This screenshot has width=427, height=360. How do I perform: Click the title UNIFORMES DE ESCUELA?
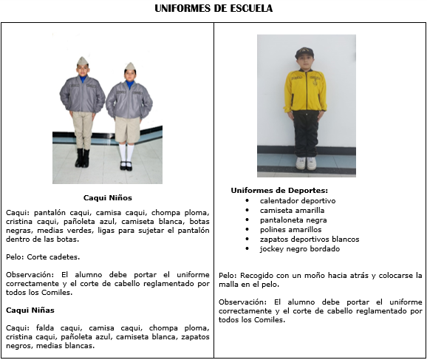[213, 9]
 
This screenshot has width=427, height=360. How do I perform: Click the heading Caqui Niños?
[107, 198]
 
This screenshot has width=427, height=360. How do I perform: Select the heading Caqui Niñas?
[30, 310]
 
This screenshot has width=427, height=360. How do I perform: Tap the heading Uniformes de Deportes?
[279, 191]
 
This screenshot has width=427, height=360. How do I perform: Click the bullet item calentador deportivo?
[298, 200]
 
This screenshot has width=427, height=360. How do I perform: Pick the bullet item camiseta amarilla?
[292, 210]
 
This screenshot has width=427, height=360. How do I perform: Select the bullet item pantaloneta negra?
[293, 220]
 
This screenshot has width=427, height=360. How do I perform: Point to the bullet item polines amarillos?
[291, 229]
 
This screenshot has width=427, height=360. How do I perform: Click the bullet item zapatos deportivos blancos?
[309, 239]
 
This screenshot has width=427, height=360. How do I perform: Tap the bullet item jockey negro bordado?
[298, 248]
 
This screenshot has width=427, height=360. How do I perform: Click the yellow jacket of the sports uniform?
[305, 90]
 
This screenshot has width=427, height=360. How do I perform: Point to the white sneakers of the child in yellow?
[306, 163]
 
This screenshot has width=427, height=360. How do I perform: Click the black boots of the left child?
[82, 157]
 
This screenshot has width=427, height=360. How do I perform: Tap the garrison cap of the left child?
[81, 61]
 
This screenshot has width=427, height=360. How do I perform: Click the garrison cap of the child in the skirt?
[130, 67]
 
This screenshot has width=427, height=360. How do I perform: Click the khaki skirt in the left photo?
[129, 129]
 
